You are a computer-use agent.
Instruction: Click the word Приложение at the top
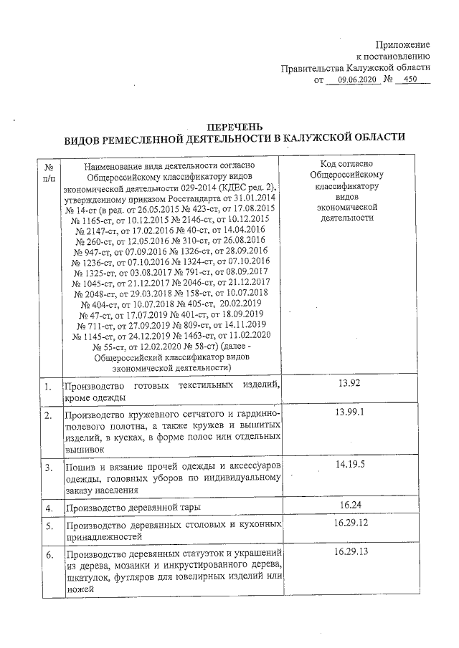coord(403,44)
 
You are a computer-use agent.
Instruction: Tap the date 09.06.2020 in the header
coord(357,80)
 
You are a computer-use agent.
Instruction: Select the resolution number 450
coord(412,80)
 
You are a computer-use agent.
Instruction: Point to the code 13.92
coord(348,383)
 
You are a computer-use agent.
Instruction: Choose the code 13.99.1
coord(349,413)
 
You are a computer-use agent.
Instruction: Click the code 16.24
coord(349,506)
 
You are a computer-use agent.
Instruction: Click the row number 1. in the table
coord(48,387)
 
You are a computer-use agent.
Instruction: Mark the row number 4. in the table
coord(48,508)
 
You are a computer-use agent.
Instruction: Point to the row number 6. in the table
coord(48,556)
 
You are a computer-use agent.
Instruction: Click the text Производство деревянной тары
coord(131,508)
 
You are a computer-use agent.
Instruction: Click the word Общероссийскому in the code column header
coord(348,174)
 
